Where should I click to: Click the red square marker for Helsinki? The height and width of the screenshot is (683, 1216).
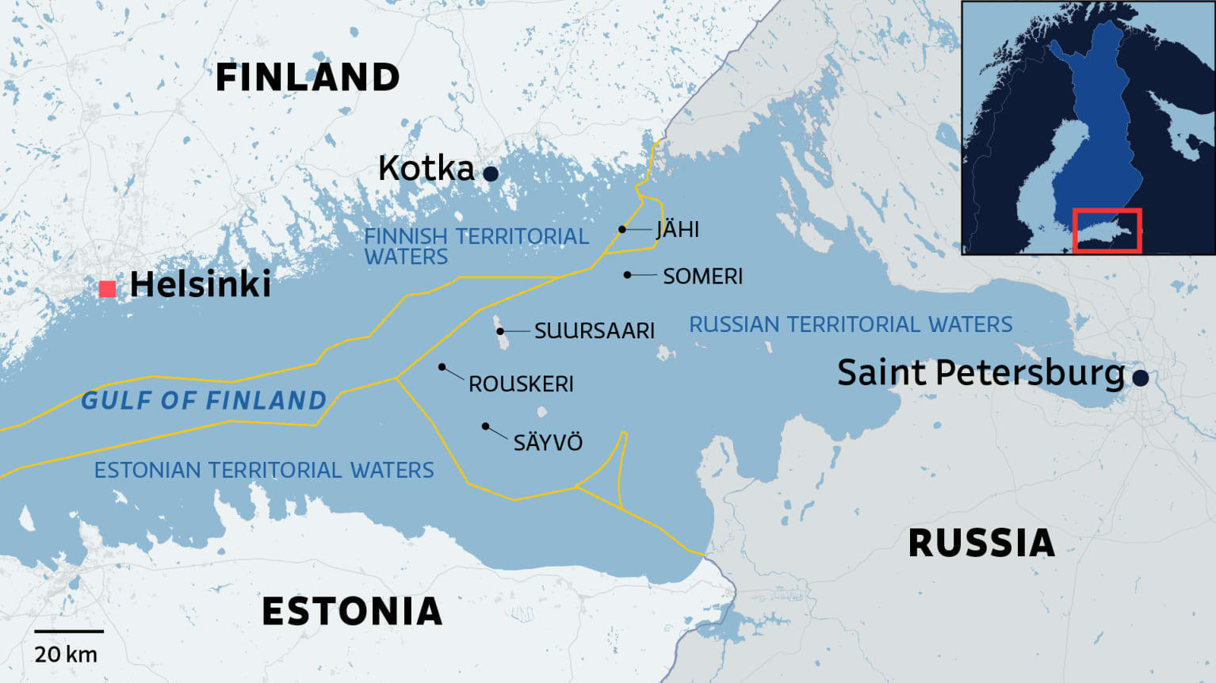[x=108, y=289]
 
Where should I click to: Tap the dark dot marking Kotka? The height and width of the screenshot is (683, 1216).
[x=491, y=174]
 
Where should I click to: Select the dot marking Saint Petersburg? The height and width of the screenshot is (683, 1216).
[x=1140, y=378]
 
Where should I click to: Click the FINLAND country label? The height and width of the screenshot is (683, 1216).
[x=308, y=78]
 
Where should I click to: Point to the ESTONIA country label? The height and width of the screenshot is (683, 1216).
[x=352, y=612]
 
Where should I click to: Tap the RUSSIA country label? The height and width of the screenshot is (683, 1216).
[x=981, y=544]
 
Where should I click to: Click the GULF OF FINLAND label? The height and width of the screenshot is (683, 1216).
[x=204, y=401]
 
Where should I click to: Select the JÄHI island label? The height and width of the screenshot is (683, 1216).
[x=678, y=230]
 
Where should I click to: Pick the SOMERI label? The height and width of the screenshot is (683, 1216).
[x=702, y=277]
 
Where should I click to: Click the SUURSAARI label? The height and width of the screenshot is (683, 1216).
[x=594, y=331]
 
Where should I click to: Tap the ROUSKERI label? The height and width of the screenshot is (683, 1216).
[x=521, y=384]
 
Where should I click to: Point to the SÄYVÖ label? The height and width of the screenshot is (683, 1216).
[x=548, y=443]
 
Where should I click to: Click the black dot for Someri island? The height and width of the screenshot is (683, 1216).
[x=627, y=275]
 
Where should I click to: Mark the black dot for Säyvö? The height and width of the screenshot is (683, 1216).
[x=485, y=426]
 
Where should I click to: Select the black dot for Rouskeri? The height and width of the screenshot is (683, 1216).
[x=442, y=367]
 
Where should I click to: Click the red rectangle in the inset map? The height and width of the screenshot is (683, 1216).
[x=1107, y=231]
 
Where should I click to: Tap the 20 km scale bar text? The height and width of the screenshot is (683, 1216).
[x=66, y=654]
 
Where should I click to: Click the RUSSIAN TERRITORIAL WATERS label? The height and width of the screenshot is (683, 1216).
[x=851, y=325]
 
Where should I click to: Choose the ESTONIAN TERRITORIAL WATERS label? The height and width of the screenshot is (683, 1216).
[x=264, y=471]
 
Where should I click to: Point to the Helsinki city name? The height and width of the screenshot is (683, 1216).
[x=200, y=284]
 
